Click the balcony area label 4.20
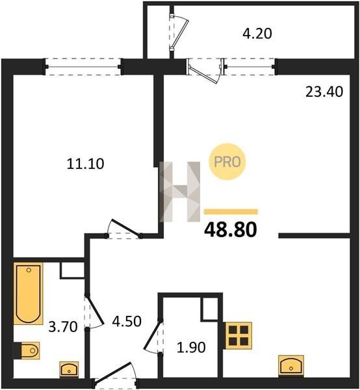pyautogui.click(x=257, y=34)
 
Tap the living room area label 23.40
pyautogui.click(x=324, y=92)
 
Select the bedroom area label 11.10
pyautogui.click(x=85, y=164)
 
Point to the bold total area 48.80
pyautogui.click(x=231, y=229)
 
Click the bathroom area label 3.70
pyautogui.click(x=63, y=326)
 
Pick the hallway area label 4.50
pyautogui.click(x=127, y=321)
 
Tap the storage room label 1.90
pyautogui.click(x=191, y=347)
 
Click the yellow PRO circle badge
pyautogui.click(x=227, y=162)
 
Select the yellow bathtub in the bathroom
pyautogui.click(x=29, y=294)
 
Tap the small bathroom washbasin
pyautogui.click(x=69, y=369)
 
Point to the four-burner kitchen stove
pyautogui.click(x=238, y=335)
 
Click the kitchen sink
pyautogui.click(x=291, y=365)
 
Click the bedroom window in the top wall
pyautogui.click(x=83, y=67)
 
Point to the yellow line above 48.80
pyautogui.click(x=231, y=212)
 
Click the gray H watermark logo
pyautogui.click(x=179, y=192)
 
